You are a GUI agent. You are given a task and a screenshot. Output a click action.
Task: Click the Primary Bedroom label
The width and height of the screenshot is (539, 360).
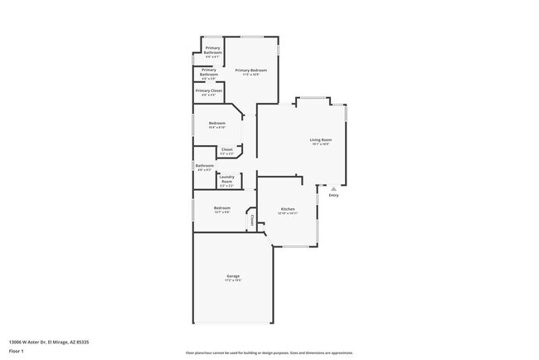[250, 71]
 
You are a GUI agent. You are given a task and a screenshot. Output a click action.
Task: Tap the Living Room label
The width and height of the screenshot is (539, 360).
[321, 140]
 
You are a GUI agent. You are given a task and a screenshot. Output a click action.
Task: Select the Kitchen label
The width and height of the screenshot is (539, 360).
[288, 208]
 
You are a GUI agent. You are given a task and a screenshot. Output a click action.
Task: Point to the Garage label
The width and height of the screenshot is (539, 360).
[233, 275]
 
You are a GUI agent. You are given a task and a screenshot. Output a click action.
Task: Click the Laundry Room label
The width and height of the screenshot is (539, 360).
[226, 178]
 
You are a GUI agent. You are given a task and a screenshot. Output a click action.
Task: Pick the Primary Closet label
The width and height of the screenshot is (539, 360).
[208, 90]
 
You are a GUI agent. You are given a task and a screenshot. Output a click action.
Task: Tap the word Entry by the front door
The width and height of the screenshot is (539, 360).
[333, 195]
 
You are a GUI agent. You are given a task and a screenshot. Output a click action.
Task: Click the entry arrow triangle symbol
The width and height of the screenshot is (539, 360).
[333, 188]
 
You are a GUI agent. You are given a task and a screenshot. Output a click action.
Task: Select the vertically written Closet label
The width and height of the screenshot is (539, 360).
[252, 220]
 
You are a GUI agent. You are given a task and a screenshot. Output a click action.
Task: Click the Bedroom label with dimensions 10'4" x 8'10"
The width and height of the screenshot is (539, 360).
[217, 124]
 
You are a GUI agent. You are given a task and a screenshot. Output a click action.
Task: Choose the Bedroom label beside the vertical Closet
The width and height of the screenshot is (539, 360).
[222, 207]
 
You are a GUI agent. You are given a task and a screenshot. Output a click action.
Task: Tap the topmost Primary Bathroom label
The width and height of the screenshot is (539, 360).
[213, 50]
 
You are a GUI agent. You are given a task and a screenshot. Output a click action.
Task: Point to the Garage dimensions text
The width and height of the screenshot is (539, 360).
[233, 280]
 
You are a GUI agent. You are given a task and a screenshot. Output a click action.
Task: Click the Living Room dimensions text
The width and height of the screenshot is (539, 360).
[321, 145]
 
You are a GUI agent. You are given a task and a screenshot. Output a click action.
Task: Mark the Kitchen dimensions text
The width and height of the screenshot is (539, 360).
[288, 213]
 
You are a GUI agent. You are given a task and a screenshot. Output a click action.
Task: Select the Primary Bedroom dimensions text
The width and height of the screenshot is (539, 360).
[250, 75]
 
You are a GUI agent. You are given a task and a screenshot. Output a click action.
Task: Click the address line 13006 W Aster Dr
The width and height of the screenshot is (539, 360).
[49, 342]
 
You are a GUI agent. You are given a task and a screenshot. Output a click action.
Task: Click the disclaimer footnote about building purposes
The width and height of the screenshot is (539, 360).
[269, 353]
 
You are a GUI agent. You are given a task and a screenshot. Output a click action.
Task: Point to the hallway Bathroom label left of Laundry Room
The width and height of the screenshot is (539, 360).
[204, 165]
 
